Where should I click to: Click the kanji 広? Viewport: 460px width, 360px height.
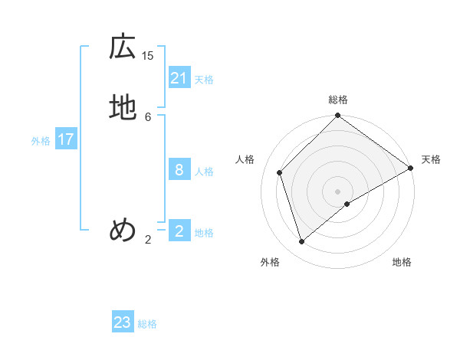[x=123, y=47]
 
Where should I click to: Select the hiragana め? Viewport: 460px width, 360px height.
[x=123, y=230]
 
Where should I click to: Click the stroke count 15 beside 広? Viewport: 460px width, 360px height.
[x=148, y=55]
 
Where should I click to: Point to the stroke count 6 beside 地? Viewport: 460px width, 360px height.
[x=148, y=116]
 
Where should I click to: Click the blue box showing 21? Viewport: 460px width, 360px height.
[x=179, y=78]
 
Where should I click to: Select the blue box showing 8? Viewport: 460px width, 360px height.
[x=179, y=170]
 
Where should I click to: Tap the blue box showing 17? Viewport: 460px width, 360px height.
[x=66, y=139]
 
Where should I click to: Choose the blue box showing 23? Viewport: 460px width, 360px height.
[x=123, y=322]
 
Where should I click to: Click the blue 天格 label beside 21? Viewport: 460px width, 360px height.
[x=204, y=80]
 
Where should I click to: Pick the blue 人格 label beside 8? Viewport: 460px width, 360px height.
[x=204, y=172]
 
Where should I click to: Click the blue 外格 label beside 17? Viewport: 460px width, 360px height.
[x=41, y=141]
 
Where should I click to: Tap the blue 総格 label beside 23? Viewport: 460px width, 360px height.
[x=147, y=324]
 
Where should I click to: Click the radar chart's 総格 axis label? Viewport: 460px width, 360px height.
[x=338, y=100]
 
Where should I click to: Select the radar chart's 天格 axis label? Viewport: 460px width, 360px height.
[x=431, y=159]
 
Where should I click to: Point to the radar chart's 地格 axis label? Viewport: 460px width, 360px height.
[x=402, y=262]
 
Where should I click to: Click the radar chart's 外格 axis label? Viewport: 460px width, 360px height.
[x=270, y=262]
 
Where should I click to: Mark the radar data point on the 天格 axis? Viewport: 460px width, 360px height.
[x=411, y=168]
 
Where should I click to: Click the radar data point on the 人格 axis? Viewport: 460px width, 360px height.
[x=280, y=172]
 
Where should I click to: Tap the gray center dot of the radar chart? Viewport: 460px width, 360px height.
[x=338, y=191]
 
